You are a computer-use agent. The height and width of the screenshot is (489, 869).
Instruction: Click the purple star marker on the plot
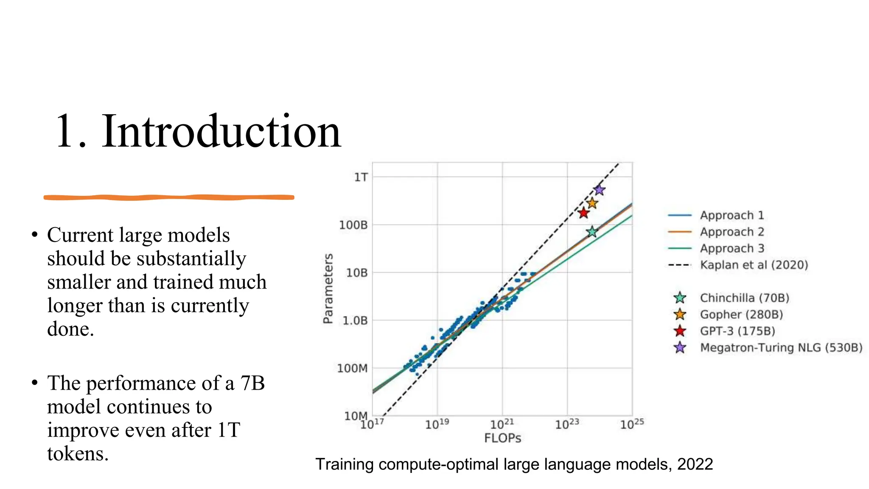(x=599, y=190)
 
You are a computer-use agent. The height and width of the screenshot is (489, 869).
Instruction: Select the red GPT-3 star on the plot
(x=583, y=213)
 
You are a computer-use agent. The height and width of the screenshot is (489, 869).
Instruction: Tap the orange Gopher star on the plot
(x=592, y=203)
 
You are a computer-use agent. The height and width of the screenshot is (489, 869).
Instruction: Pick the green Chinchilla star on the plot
(x=592, y=232)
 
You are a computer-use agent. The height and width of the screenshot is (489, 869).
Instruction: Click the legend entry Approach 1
(x=732, y=215)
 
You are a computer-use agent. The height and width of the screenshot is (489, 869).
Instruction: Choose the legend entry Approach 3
(x=732, y=248)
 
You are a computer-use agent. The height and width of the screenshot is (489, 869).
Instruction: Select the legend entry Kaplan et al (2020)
(x=754, y=265)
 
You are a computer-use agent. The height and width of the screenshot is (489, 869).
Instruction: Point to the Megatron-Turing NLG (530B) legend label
(x=781, y=348)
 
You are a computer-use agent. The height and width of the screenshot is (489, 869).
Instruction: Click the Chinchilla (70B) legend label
(x=744, y=298)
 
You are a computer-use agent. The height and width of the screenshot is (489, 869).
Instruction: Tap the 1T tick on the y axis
(x=361, y=177)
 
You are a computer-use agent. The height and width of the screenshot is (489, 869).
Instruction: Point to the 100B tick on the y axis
(x=353, y=225)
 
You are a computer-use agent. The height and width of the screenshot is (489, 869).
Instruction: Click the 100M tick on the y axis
(x=352, y=368)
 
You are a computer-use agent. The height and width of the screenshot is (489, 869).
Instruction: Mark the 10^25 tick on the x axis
(x=631, y=424)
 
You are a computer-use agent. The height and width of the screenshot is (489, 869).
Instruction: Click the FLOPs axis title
(x=502, y=438)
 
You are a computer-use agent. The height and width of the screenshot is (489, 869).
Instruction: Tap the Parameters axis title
(x=328, y=289)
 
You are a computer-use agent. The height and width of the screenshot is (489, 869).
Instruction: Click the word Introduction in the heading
(x=221, y=131)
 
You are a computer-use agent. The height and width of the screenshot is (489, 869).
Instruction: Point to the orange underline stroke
(x=169, y=197)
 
